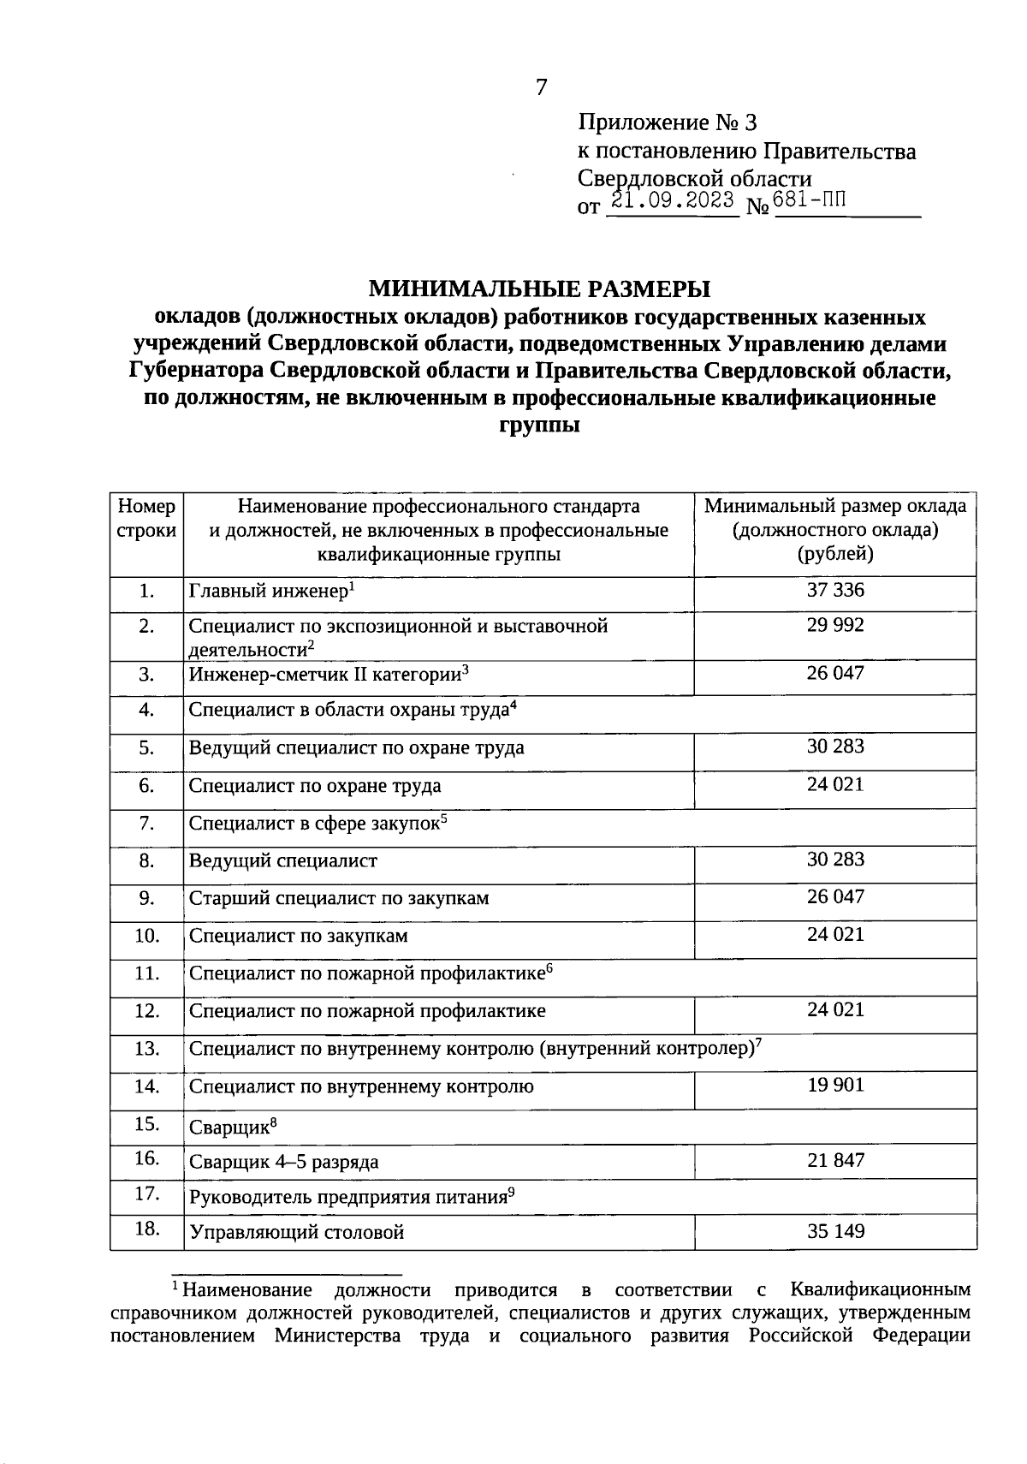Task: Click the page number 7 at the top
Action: (541, 86)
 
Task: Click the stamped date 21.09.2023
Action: (671, 201)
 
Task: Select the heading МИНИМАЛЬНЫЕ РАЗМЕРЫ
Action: (539, 289)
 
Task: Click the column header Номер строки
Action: (146, 518)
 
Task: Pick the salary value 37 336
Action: (835, 589)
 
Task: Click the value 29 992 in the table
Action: (835, 625)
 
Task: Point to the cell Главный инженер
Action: (267, 592)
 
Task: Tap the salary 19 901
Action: (835, 1085)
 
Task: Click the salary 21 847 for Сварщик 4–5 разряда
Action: (835, 1160)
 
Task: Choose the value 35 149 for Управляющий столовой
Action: (835, 1231)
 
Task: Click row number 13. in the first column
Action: (147, 1048)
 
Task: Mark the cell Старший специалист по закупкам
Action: (339, 898)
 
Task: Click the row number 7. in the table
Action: (147, 823)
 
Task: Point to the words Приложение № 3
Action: (668, 123)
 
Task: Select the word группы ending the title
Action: (539, 426)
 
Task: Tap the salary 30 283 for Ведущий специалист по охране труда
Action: (835, 746)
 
